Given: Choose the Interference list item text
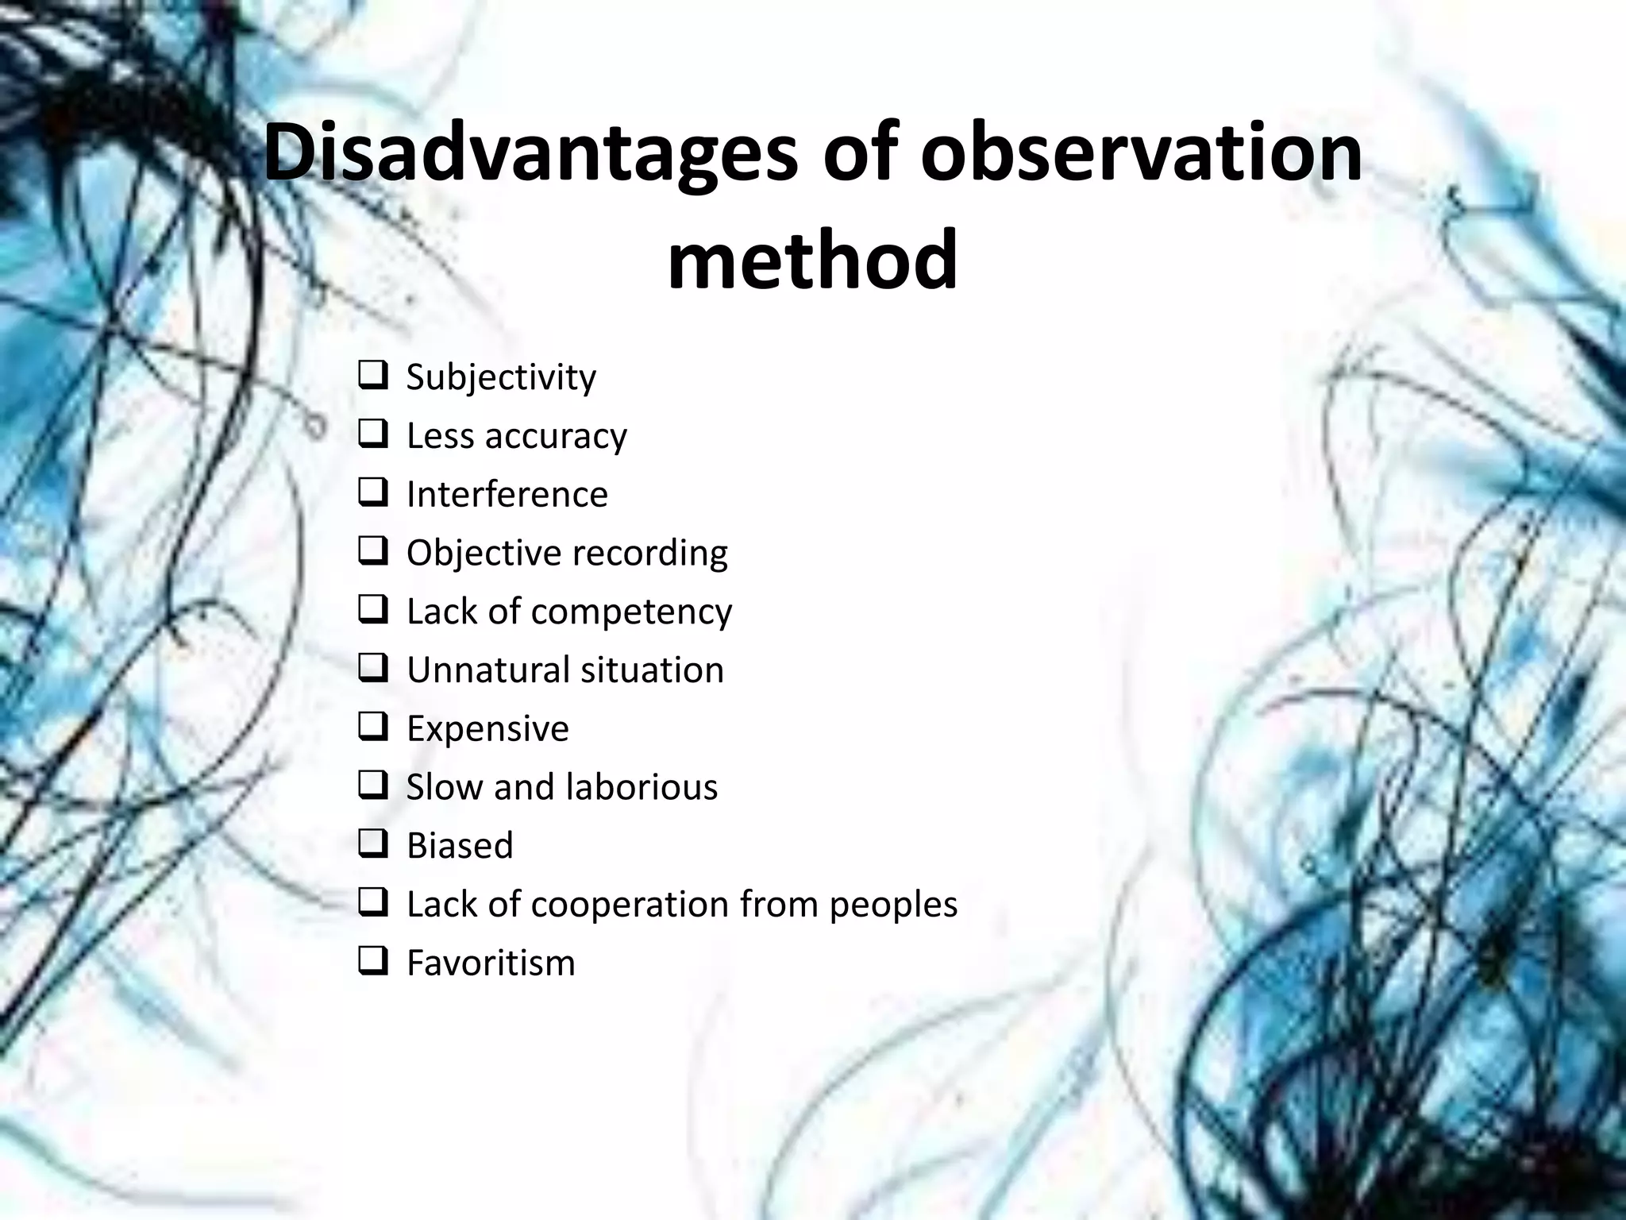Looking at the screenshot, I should [507, 494].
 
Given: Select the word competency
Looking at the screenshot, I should [630, 612].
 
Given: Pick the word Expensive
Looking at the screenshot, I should [487, 728].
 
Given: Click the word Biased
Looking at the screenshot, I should [460, 845].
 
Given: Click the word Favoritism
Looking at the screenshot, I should [491, 963].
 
